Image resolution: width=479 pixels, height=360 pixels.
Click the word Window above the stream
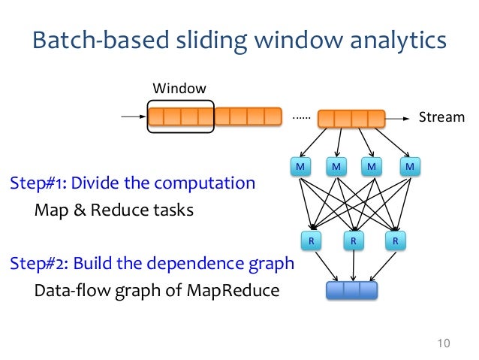click(x=179, y=89)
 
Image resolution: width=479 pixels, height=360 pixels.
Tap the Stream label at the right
click(x=441, y=117)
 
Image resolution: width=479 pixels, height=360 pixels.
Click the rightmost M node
click(x=410, y=165)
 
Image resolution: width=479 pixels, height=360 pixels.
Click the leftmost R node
click(x=310, y=241)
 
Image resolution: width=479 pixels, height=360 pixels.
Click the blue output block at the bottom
click(x=351, y=290)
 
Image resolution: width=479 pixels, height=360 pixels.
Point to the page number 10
click(x=443, y=344)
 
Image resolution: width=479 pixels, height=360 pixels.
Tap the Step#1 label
click(x=38, y=183)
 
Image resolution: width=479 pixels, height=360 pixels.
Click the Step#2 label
click(x=38, y=265)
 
